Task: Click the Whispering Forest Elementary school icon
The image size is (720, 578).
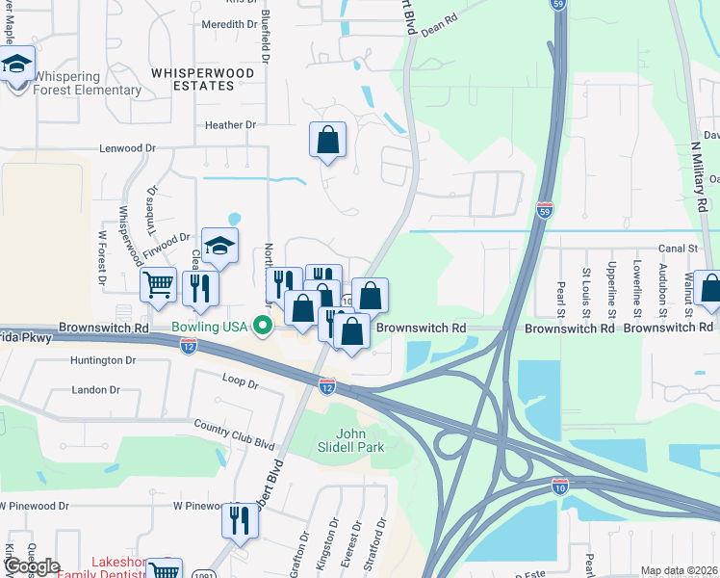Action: [x=16, y=65]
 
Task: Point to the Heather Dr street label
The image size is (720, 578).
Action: [x=230, y=125]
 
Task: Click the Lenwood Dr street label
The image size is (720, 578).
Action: [x=128, y=149]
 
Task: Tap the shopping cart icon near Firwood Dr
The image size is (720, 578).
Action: [x=158, y=285]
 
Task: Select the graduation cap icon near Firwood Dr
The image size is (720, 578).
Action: [x=219, y=247]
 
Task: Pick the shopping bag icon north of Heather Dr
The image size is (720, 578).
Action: [x=327, y=140]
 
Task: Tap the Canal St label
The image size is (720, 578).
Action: [x=677, y=248]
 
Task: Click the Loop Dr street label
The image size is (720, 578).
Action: [x=240, y=382]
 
